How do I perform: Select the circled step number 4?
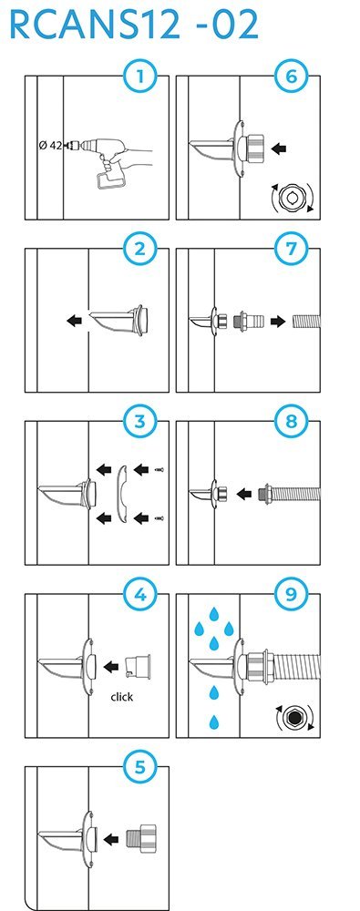point(139,596)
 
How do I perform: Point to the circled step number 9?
point(291,596)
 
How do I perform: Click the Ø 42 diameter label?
point(50,145)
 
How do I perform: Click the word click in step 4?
point(121,697)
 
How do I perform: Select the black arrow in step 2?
point(75,320)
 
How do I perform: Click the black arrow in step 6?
point(279,148)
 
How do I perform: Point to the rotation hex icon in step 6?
point(292,199)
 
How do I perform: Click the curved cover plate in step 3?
point(120,494)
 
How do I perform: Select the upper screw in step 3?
point(159,469)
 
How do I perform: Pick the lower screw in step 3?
point(159,517)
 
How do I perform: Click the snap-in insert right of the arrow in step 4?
point(138,666)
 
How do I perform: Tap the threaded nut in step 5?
point(141,838)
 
